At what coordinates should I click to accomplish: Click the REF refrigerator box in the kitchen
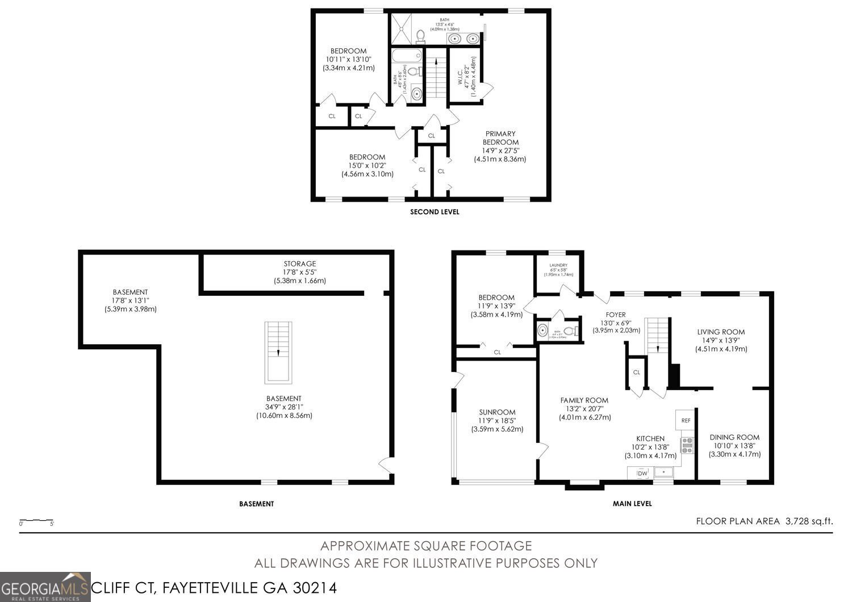tap(686, 420)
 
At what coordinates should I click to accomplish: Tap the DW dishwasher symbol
tap(642, 473)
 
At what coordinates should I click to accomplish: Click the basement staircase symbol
tap(278, 352)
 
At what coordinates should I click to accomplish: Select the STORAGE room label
tap(300, 264)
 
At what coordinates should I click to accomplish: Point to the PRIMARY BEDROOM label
tap(500, 138)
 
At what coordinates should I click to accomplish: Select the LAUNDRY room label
tap(558, 265)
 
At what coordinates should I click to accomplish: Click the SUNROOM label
tap(497, 412)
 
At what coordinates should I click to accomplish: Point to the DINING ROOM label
tap(734, 437)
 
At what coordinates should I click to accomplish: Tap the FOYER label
tap(616, 314)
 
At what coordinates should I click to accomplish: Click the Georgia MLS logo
tap(45, 587)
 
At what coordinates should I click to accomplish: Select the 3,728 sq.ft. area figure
tap(809, 520)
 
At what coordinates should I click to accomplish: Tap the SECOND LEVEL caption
tap(435, 212)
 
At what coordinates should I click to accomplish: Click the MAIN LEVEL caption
tap(632, 503)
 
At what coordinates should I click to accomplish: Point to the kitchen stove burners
tap(688, 445)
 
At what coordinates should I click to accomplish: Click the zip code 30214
tap(315, 587)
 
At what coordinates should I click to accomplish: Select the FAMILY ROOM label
tap(584, 400)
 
